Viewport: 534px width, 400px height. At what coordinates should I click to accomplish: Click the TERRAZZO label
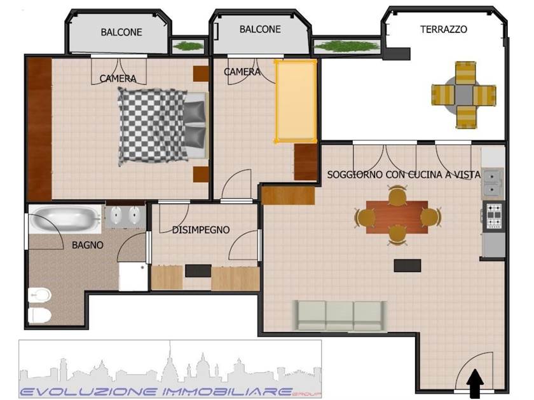click(444, 30)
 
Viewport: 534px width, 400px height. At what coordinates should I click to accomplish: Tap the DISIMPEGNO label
click(201, 230)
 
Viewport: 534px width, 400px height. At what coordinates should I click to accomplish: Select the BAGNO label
click(88, 245)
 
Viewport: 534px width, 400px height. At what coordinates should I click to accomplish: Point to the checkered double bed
click(163, 125)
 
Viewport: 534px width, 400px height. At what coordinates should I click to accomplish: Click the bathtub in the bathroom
click(65, 218)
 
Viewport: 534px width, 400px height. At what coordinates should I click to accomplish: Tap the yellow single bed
click(296, 102)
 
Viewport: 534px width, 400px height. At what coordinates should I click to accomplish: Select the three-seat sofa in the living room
click(340, 316)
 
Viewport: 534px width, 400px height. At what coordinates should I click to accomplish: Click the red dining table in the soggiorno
click(397, 217)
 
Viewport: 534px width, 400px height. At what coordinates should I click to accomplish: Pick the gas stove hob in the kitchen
click(493, 216)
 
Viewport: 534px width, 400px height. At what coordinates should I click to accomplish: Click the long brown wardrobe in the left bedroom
click(39, 129)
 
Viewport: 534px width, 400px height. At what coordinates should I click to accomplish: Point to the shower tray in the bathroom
click(133, 277)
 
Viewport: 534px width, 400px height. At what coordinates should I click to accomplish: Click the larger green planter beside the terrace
click(346, 46)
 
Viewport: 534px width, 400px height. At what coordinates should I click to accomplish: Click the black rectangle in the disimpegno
click(198, 270)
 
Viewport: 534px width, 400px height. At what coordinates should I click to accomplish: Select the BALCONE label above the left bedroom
click(121, 32)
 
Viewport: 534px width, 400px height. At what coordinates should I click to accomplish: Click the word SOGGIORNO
click(355, 175)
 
